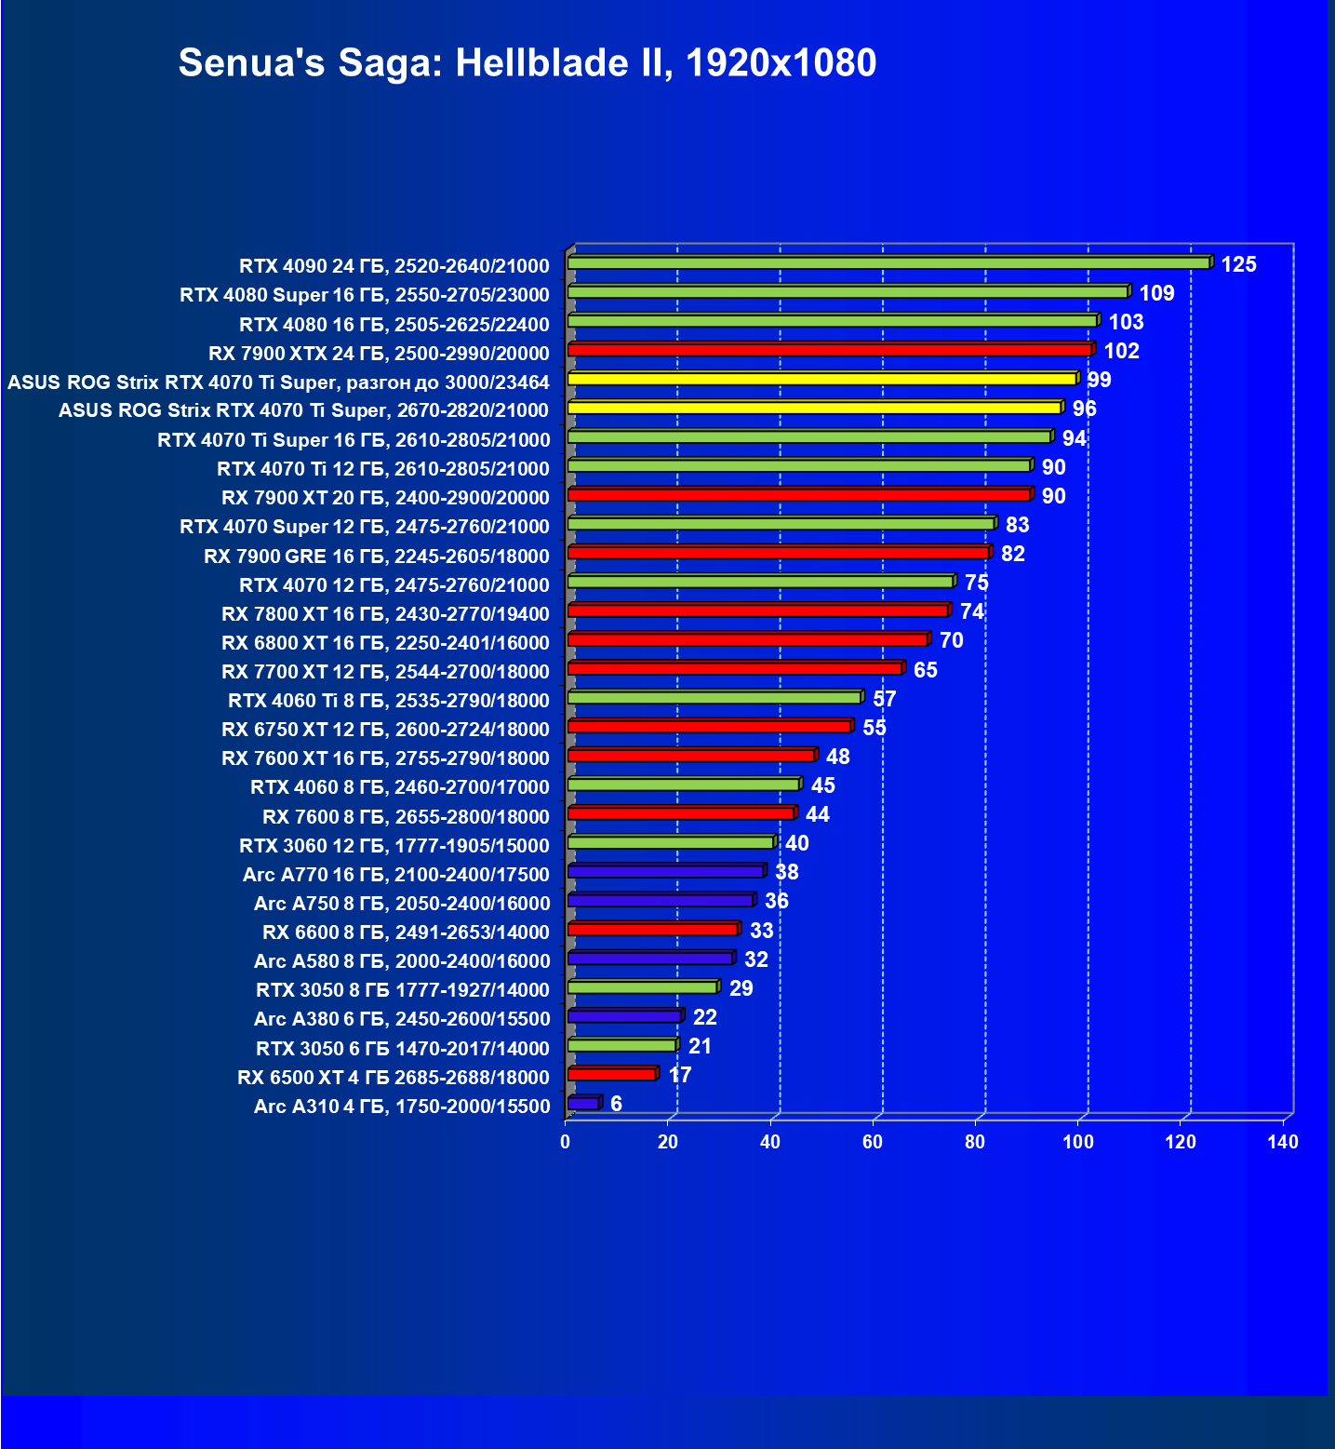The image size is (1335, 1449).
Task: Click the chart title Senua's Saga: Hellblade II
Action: (527, 63)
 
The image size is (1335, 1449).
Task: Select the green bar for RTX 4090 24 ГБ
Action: (888, 263)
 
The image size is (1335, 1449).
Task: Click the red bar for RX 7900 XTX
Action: (829, 350)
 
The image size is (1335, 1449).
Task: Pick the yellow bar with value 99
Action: (822, 379)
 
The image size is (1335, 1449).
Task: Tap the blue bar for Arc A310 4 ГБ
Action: (583, 1104)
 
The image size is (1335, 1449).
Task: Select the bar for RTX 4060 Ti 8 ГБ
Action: (714, 698)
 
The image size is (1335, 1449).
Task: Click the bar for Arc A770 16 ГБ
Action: (665, 872)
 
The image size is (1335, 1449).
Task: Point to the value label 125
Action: (1238, 265)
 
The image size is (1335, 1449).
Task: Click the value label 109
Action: (1156, 294)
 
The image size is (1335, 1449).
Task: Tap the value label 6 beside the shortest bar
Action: (616, 1105)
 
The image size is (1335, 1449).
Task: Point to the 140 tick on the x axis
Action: (1283, 1143)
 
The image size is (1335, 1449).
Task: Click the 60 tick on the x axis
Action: (873, 1143)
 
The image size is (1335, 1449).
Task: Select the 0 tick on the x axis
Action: (566, 1143)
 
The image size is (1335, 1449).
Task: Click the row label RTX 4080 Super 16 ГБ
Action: (365, 295)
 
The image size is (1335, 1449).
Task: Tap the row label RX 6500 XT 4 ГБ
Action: (394, 1078)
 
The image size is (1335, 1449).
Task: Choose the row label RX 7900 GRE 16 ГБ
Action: (377, 557)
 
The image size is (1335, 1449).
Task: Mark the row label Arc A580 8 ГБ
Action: (402, 961)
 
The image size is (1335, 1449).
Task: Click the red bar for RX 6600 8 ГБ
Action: (652, 930)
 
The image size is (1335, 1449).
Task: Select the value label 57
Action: (884, 700)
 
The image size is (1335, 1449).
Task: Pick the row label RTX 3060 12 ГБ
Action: (394, 846)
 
